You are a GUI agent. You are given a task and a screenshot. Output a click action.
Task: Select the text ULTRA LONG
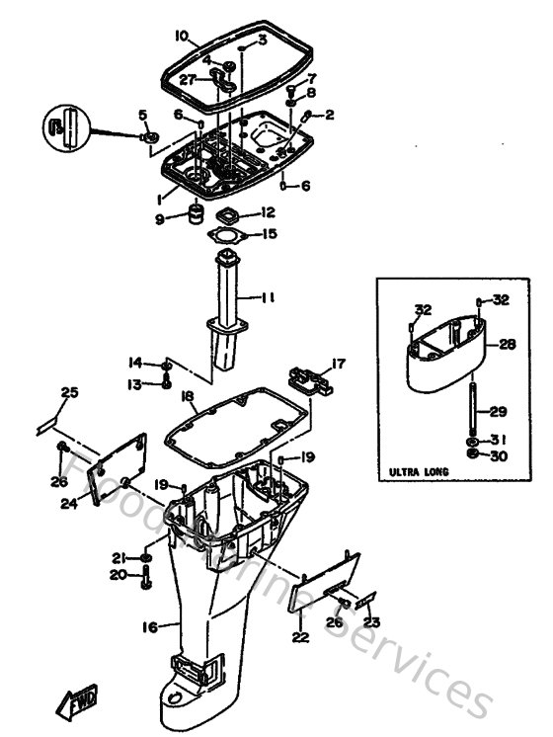419,471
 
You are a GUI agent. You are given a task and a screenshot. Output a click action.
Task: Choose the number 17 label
339,364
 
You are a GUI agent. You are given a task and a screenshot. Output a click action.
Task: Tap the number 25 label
68,393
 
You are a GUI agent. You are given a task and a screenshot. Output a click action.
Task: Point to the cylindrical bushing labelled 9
197,214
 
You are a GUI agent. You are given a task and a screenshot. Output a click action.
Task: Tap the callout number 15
269,235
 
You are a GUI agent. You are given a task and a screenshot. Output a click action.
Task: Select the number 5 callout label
143,115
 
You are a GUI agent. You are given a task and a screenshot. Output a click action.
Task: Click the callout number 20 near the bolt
119,574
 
